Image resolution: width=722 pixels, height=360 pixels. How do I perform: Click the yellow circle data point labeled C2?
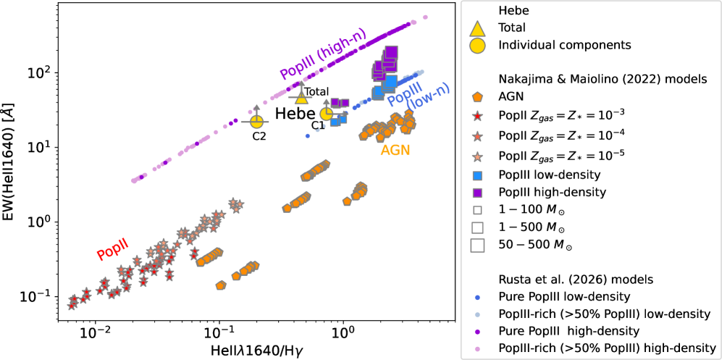coord(256,120)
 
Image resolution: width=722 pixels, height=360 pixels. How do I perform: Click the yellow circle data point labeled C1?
coord(327,114)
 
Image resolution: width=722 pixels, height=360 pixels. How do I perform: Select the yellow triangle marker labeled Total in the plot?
coord(301,97)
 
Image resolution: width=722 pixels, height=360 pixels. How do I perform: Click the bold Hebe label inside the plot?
coord(291,114)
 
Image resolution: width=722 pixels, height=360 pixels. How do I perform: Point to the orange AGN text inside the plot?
coord(395,151)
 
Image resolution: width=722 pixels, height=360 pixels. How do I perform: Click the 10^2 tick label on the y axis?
coord(33,73)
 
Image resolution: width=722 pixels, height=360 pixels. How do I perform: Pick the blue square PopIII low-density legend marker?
coord(477,176)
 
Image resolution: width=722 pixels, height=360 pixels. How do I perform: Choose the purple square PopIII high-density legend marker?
coord(477,192)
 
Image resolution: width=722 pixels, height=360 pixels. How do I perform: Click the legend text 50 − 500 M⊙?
coord(535,246)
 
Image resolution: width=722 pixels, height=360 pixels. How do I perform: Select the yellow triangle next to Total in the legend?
coord(477,28)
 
